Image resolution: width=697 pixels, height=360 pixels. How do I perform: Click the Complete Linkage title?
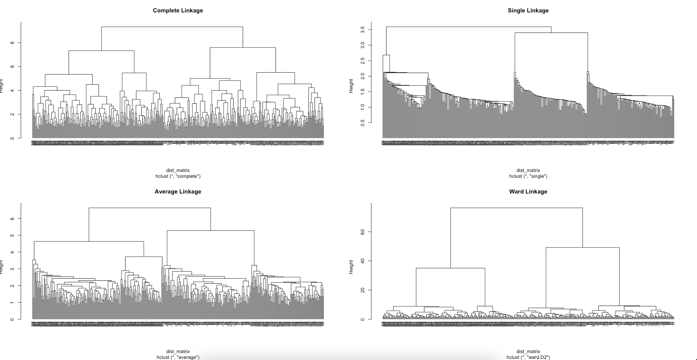[178, 11]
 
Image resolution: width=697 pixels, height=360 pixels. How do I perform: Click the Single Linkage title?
[528, 11]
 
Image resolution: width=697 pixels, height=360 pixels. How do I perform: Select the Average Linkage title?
[178, 192]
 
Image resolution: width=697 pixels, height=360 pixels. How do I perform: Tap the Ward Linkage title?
[528, 192]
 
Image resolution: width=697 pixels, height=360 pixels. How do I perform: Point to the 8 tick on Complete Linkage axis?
[12, 43]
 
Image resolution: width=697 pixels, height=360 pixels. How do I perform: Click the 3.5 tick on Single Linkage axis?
[363, 30]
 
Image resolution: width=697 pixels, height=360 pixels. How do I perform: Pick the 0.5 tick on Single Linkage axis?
[363, 122]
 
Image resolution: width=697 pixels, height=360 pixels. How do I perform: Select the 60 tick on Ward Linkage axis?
[363, 232]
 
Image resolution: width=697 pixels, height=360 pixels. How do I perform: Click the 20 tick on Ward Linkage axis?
[363, 290]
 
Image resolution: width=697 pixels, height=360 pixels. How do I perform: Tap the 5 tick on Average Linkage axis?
[12, 235]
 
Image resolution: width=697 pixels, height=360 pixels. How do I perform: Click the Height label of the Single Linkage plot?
[351, 86]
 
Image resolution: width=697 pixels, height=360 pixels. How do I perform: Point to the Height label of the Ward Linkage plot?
[351, 267]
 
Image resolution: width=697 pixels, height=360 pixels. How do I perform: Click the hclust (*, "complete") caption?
[178, 176]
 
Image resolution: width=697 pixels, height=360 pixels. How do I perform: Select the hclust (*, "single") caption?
[528, 176]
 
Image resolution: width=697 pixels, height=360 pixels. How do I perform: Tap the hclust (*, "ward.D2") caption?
[528, 357]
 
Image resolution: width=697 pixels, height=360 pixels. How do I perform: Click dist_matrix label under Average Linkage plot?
[178, 352]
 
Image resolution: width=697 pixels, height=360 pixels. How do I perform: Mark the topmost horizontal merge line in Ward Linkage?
[516, 208]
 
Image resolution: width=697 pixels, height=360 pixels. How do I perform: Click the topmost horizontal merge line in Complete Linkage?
[172, 27]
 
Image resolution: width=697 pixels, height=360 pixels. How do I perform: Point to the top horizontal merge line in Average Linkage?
[150, 208]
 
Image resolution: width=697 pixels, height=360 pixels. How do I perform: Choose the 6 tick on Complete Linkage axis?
[12, 66]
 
